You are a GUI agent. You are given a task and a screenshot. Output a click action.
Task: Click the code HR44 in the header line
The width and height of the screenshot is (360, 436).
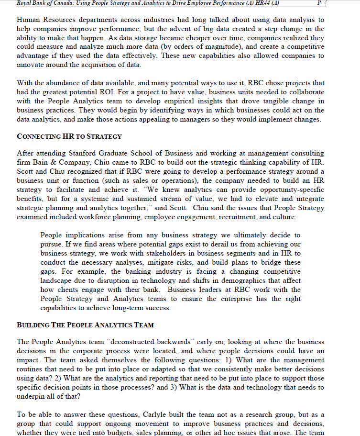pyautogui.click(x=259, y=3)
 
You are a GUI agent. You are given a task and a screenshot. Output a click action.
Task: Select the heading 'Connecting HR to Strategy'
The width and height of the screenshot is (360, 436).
pyautogui.click(x=69, y=136)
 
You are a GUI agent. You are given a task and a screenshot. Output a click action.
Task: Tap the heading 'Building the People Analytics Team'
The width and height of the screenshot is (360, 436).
pyautogui.click(x=85, y=325)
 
